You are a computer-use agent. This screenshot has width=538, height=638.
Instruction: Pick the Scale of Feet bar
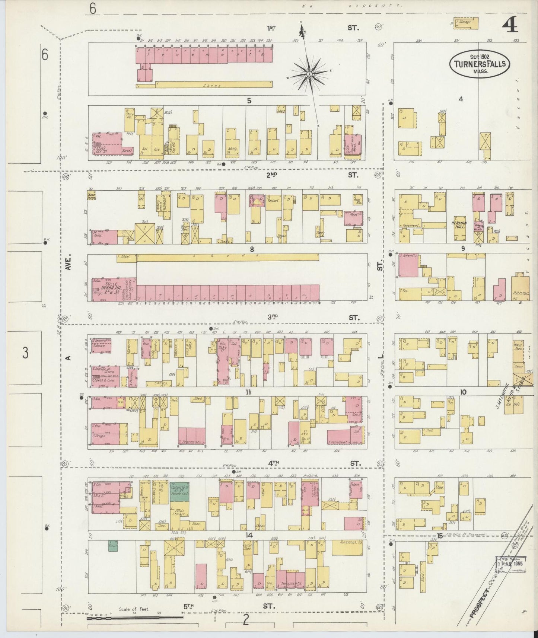click(135, 618)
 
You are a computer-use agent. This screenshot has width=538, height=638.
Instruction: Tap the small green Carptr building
click(113, 546)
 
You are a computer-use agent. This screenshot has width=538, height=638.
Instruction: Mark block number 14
click(249, 535)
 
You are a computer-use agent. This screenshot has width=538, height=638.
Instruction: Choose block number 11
click(248, 392)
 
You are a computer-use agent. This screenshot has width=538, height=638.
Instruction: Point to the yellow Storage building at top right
click(465, 22)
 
